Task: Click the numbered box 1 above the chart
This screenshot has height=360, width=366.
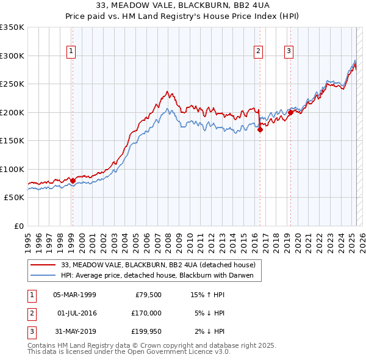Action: (72, 51)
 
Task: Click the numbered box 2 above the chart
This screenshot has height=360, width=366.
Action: (259, 51)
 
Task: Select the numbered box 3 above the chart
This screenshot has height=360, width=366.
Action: (288, 51)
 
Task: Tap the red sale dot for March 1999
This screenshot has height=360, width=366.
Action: (73, 181)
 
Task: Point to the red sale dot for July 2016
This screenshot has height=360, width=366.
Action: (260, 129)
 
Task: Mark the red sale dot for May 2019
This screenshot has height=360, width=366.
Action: (291, 112)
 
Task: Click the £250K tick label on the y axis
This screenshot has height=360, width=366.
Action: (12, 84)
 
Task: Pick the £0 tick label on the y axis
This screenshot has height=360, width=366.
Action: (18, 226)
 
